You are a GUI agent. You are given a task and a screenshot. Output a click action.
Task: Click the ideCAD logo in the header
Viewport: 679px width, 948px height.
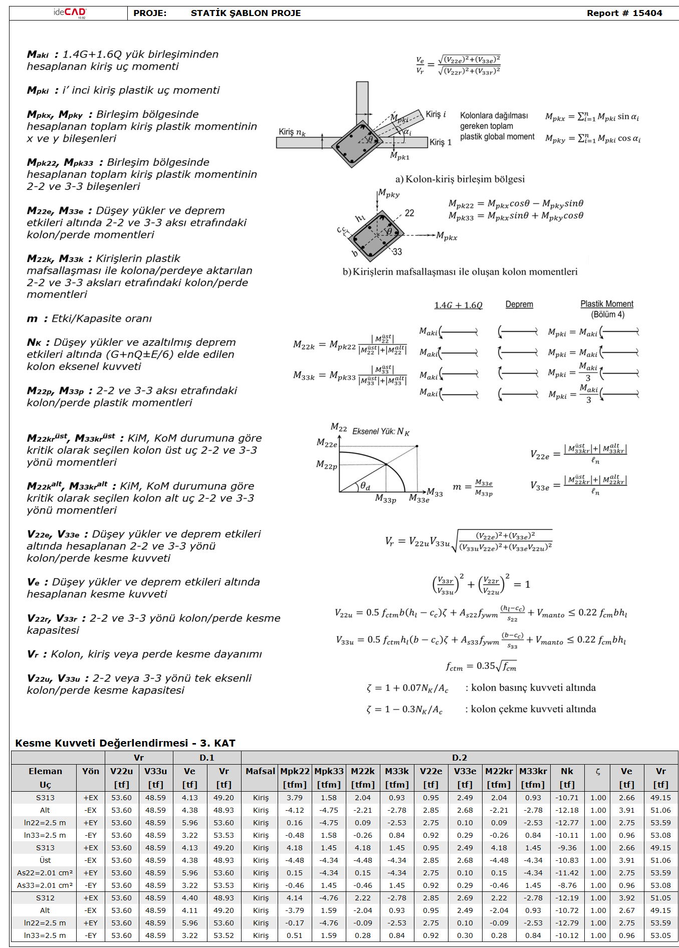click(x=70, y=13)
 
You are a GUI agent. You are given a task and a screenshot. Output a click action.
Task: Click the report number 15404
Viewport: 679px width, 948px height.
click(x=647, y=13)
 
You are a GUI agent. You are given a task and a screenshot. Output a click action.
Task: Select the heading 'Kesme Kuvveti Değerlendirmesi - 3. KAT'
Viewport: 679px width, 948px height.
click(x=125, y=743)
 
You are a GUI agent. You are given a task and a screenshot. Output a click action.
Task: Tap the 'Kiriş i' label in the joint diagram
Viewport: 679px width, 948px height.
click(x=436, y=114)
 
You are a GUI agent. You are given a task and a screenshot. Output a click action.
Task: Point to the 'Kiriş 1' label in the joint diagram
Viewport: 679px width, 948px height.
click(x=440, y=142)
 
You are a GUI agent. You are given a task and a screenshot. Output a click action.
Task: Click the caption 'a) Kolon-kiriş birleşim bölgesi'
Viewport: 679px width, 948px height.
click(x=460, y=179)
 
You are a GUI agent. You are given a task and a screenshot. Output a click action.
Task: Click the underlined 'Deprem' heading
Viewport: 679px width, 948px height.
click(x=519, y=304)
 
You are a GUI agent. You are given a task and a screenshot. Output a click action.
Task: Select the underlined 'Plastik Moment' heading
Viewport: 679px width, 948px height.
click(x=607, y=304)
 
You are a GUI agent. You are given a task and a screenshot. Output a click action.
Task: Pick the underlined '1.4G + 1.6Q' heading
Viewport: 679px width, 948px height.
click(x=458, y=305)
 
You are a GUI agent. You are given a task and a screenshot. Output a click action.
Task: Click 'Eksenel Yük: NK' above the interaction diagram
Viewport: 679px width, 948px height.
click(x=381, y=431)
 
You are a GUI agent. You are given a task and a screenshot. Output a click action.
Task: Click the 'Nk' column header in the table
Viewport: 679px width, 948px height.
click(x=567, y=771)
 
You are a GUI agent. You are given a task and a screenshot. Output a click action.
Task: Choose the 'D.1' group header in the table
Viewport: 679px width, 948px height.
click(x=207, y=758)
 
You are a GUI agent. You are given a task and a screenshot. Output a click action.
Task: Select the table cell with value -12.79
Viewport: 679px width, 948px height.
click(x=567, y=923)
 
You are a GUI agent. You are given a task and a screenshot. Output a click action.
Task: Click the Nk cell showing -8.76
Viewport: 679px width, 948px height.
click(x=567, y=885)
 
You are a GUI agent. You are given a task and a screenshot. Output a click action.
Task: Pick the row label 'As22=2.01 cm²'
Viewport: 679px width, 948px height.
click(x=45, y=873)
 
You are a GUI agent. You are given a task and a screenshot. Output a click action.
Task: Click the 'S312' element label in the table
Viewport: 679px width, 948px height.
click(x=45, y=898)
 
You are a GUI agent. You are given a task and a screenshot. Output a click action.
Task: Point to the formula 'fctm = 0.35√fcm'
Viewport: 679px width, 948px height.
click(x=481, y=666)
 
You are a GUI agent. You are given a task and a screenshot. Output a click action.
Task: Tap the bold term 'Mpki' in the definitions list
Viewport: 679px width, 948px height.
click(x=38, y=91)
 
